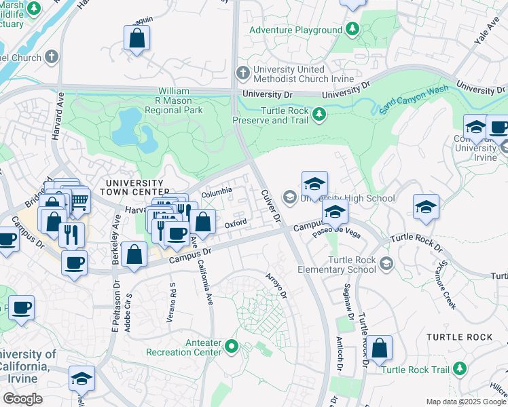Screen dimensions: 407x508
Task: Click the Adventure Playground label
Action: (295, 30)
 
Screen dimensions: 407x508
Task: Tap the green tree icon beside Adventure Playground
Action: (352, 29)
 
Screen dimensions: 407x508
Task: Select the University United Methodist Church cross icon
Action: (242, 72)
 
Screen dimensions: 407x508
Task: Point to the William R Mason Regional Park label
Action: (180, 100)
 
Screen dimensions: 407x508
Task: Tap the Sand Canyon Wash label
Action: (415, 99)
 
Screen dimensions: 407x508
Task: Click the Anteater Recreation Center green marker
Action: (232, 347)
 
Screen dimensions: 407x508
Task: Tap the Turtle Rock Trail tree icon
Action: (461, 368)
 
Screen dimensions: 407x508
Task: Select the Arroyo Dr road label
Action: (279, 285)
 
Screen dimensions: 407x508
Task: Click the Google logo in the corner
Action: (23, 398)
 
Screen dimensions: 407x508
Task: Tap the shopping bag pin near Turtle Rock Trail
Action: (382, 347)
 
